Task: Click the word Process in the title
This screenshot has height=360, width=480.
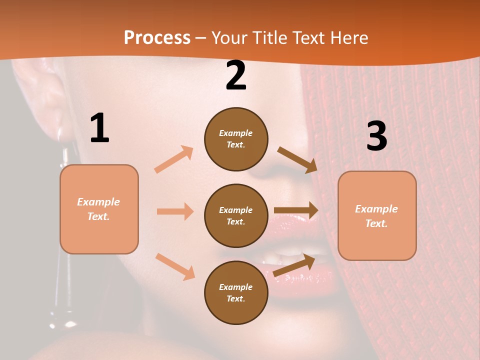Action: click(157, 37)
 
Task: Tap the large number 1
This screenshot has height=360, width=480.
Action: click(99, 128)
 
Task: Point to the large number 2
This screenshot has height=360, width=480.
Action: click(236, 76)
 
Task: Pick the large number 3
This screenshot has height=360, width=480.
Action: click(376, 136)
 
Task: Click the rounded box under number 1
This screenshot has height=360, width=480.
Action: click(99, 209)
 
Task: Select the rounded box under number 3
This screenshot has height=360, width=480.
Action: click(377, 216)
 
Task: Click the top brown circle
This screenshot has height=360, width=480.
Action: click(236, 139)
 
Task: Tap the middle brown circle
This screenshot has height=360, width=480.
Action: click(236, 215)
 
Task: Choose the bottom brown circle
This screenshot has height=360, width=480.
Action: click(236, 292)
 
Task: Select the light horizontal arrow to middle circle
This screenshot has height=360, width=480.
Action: click(175, 211)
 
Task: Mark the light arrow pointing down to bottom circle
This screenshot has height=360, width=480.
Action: click(175, 266)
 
